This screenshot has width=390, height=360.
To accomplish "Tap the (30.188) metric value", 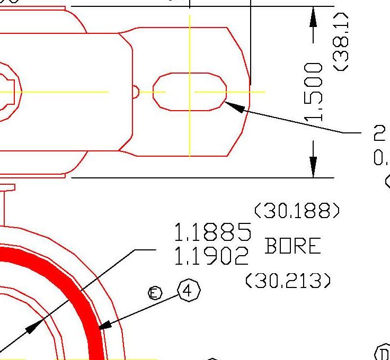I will point(297,212).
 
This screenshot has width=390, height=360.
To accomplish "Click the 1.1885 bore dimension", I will point(212,232).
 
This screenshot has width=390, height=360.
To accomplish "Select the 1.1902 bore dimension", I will point(211,257).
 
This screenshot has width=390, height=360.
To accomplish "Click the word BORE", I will point(292,247).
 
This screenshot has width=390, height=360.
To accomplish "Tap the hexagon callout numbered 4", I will point(189,291).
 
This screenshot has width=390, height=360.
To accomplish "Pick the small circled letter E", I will point(155,293).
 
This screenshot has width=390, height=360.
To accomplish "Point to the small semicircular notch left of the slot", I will point(135,92).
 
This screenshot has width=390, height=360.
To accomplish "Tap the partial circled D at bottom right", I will point(383,353).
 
